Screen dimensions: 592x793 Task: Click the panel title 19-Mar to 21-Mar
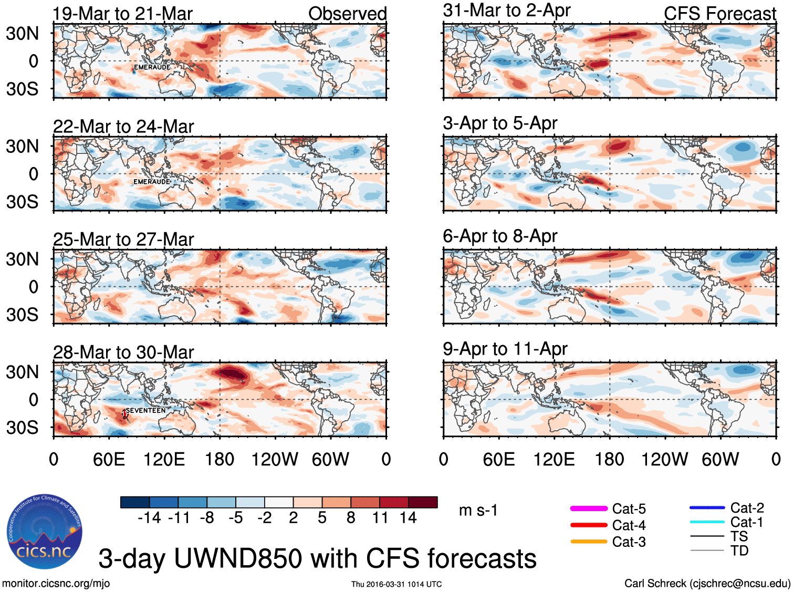coord(123,14)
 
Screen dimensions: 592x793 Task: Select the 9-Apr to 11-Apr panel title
coord(505,349)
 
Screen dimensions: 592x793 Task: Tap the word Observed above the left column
coord(347,14)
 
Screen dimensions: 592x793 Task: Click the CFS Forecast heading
coord(719,14)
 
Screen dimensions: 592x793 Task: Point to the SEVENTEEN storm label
coord(145,410)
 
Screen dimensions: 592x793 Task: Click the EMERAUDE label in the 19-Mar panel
coord(152,67)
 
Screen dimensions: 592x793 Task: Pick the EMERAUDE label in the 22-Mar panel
coord(152,182)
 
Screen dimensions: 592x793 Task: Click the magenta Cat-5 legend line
coord(589,508)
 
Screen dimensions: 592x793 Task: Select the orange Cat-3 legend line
coord(589,542)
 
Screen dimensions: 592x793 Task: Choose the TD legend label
coord(739,551)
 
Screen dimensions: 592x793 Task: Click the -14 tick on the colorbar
coord(149,518)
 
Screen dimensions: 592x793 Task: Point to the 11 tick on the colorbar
coord(380,518)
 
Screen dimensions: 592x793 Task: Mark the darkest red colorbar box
coord(423,502)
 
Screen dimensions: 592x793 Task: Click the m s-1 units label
coord(478,510)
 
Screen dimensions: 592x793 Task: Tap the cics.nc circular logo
coord(45,532)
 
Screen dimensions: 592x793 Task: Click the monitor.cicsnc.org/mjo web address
coord(56,583)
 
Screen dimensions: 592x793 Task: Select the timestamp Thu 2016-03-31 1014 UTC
coord(396,584)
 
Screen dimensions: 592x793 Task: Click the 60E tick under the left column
coord(109,460)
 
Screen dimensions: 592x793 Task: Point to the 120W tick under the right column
coord(664,460)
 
